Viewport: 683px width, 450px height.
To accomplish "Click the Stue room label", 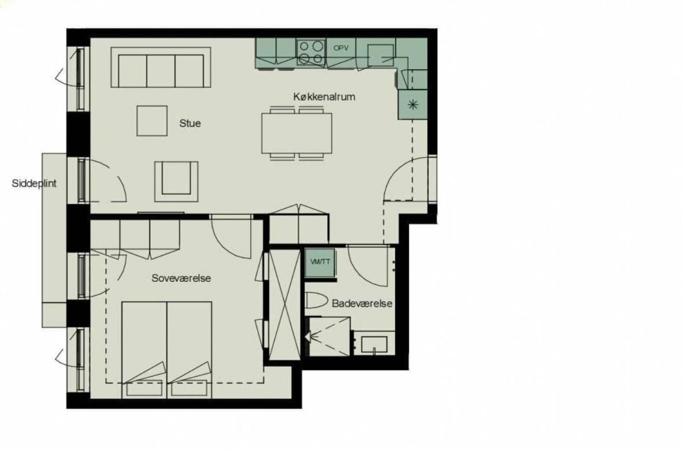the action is pos(190,123).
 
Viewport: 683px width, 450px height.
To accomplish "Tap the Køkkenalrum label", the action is pos(324,96).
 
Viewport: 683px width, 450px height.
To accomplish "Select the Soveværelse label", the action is pos(181,278).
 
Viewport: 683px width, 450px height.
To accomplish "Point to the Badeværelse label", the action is pos(362,303).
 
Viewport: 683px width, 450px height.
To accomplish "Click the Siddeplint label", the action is pos(34,183).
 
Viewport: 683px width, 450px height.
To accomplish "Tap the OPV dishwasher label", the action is pos(340,49).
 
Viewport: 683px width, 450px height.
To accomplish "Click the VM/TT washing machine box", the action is pos(320,262).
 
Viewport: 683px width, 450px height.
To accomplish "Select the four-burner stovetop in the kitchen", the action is pos(311,52).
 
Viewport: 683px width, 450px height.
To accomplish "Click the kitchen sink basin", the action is pos(381,55).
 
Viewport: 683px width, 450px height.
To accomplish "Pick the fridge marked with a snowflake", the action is pos(413,105).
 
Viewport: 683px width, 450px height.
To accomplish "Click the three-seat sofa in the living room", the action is pos(161,68).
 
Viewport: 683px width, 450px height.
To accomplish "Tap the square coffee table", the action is pos(152,121).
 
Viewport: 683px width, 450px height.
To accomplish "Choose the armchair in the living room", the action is pos(176,181).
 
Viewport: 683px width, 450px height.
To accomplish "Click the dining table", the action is pos(296,133).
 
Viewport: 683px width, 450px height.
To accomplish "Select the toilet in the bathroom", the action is pos(316,301).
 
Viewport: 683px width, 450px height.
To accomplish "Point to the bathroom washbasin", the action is pos(374,344).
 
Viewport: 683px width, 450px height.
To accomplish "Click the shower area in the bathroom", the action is pos(329,336).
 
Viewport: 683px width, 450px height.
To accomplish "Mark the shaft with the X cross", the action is pos(284,304).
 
